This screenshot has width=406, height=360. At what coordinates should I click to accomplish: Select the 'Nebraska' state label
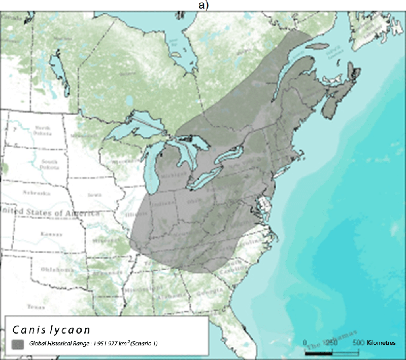point(37,193)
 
